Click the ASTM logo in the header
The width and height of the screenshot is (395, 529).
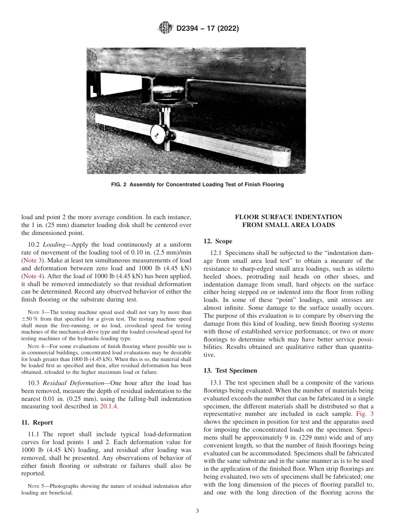pyautogui.click(x=166, y=29)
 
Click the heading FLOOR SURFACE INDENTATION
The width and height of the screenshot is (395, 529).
pyautogui.click(x=289, y=217)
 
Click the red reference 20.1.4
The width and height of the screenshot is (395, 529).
pyautogui.click(x=109, y=406)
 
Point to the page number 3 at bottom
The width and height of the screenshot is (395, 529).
pyautogui.click(x=197, y=511)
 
